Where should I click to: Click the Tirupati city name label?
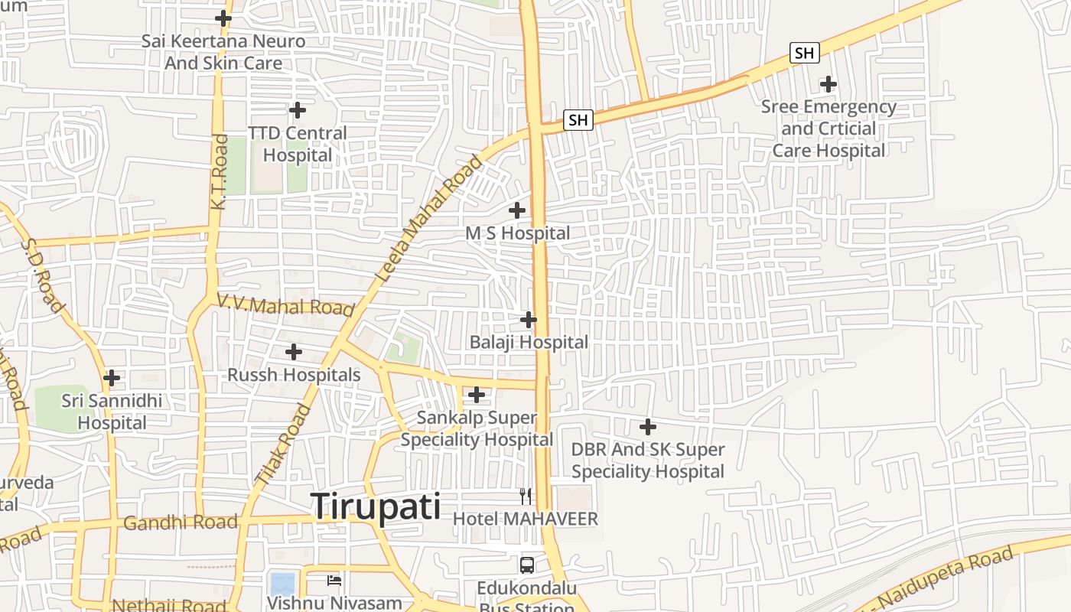[376, 506]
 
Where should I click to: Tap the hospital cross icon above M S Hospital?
[517, 210]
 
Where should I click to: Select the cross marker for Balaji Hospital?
[528, 319]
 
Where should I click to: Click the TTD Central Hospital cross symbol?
[298, 110]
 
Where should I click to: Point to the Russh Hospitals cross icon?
[293, 352]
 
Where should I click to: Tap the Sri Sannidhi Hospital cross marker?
[112, 377]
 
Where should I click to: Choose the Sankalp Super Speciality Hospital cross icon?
[477, 395]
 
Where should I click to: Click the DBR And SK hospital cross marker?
[648, 426]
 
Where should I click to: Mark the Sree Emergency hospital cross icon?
[828, 84]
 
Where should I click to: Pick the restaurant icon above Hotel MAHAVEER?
[525, 496]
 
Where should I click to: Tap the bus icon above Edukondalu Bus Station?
[527, 565]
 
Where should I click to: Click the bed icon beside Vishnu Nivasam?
[334, 580]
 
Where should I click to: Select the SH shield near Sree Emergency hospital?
[804, 53]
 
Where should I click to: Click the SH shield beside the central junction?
[578, 119]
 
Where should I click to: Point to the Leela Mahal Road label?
[431, 218]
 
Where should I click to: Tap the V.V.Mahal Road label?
[285, 305]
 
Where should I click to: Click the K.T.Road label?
[220, 172]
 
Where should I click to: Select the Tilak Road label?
[283, 444]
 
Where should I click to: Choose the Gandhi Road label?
[180, 523]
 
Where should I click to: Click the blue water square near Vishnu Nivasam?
[282, 584]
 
